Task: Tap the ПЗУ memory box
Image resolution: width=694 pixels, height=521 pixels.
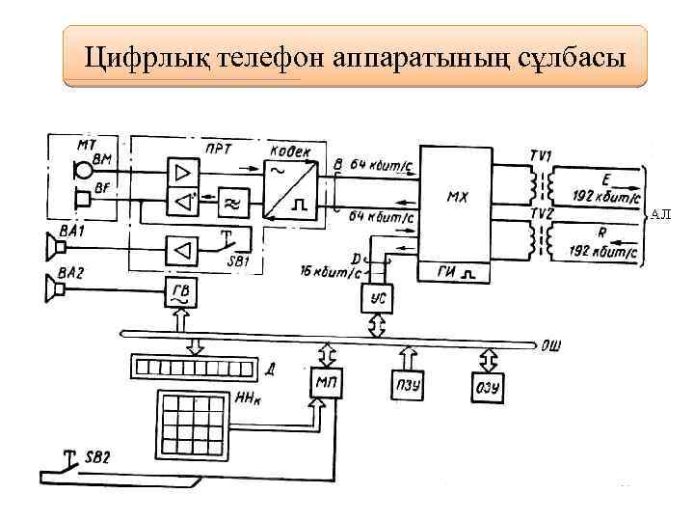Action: point(403,386)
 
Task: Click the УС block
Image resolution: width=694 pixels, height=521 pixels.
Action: point(377,299)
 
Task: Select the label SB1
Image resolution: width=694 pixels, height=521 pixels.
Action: point(237,260)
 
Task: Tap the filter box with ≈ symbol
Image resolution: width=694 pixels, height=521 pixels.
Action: point(232,203)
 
